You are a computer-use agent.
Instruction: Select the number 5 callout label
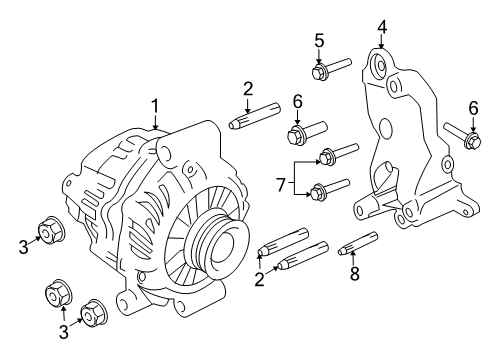point(319,40)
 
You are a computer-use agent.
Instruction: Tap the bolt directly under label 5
point(321,71)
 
